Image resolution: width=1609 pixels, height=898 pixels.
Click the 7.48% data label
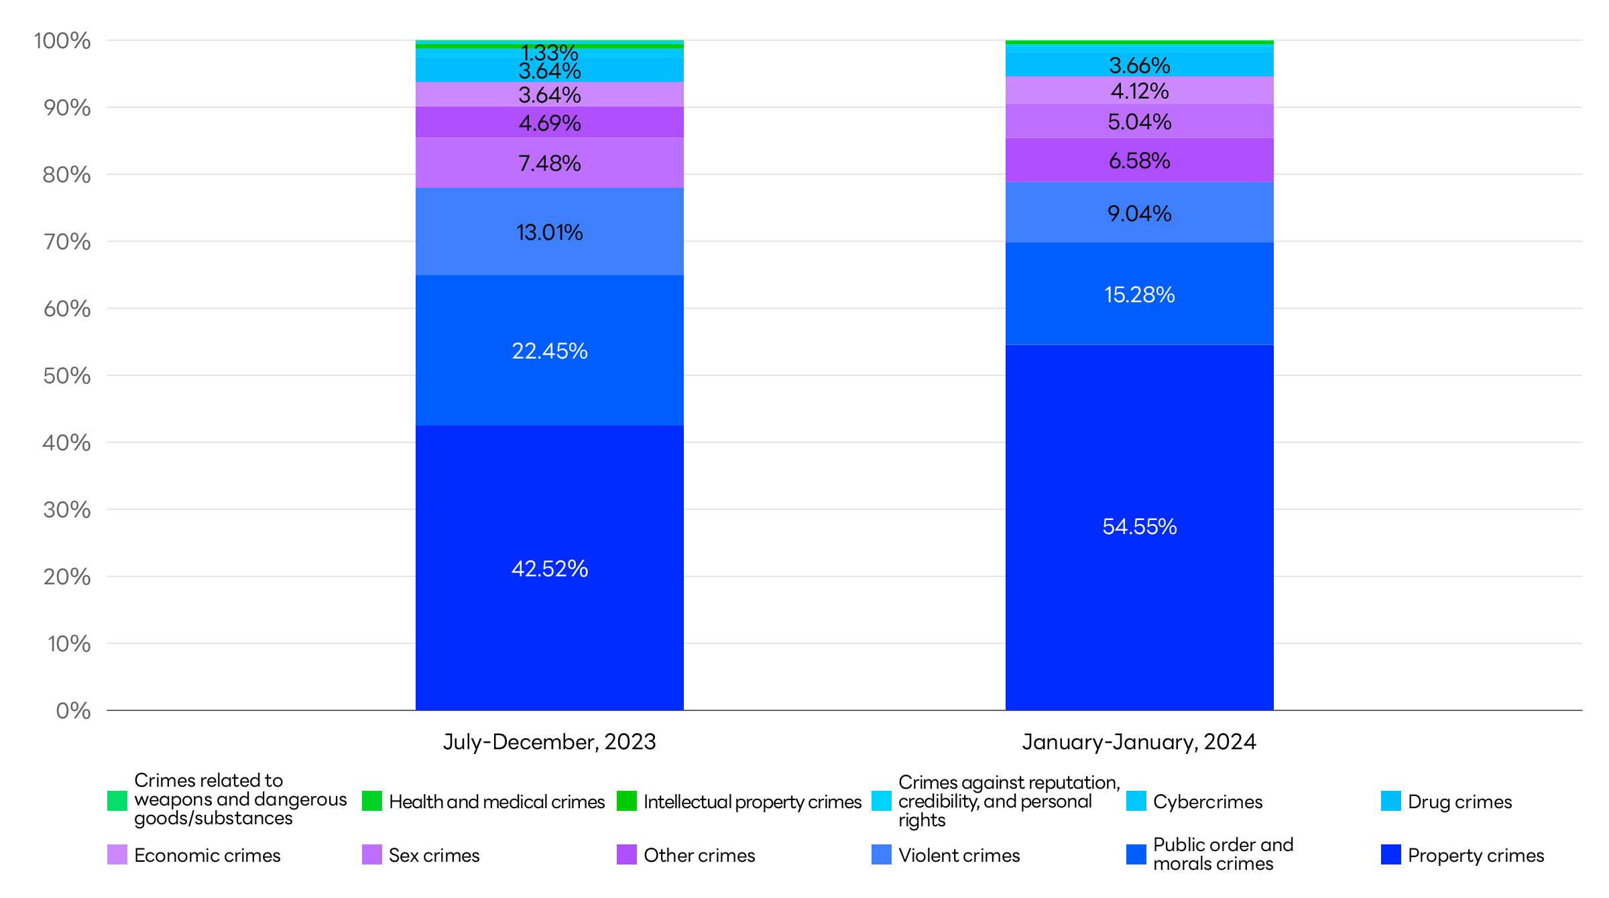click(549, 164)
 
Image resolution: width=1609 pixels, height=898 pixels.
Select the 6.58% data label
click(1139, 161)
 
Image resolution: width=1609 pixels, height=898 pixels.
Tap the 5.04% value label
click(1139, 122)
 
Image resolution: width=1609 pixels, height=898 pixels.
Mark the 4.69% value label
click(549, 123)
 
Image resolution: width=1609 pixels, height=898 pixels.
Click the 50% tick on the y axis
click(66, 376)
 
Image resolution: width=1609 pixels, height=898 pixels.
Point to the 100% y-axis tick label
click(62, 41)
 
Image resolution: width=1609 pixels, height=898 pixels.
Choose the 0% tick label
click(73, 711)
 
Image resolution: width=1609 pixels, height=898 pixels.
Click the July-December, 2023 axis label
click(549, 742)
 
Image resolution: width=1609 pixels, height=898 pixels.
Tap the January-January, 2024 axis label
click(1139, 742)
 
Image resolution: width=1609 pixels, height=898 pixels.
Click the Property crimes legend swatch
click(1390, 854)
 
